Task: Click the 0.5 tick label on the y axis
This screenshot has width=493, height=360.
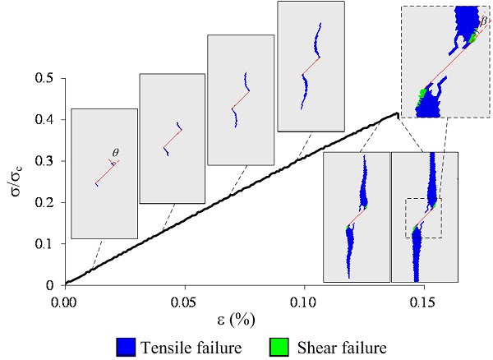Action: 46,79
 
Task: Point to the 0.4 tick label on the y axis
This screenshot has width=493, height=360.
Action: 46,120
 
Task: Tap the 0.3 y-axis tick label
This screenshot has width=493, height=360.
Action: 46,161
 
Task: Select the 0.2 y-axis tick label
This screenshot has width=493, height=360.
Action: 46,202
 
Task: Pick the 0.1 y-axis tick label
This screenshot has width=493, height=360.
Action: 46,244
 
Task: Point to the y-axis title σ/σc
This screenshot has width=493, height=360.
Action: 18,180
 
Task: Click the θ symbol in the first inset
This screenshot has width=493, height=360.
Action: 116,153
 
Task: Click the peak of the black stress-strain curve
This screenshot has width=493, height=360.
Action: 398,113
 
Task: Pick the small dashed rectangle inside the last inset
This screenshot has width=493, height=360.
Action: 423,218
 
